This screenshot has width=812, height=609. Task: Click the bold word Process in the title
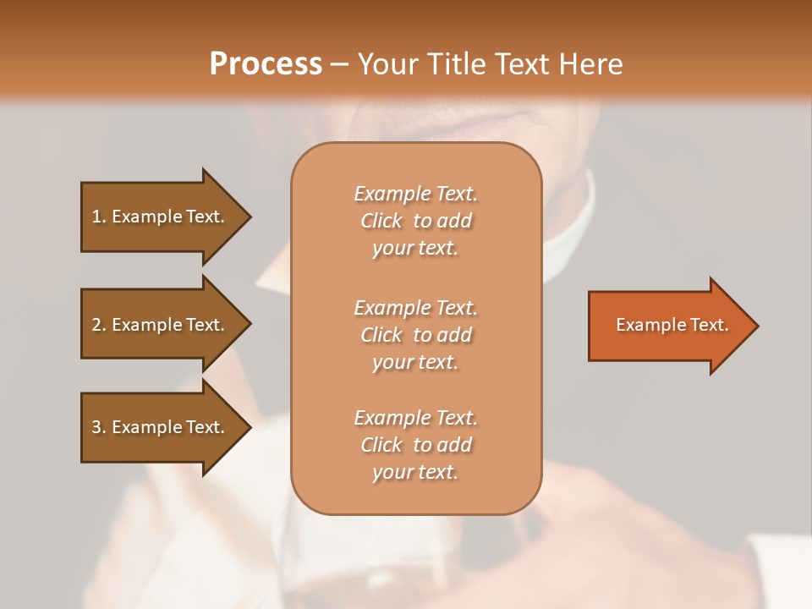click(x=266, y=64)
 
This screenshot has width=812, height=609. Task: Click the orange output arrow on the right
click(x=668, y=325)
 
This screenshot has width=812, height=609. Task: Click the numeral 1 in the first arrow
click(x=96, y=217)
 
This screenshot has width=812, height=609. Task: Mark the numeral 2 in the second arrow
click(x=96, y=325)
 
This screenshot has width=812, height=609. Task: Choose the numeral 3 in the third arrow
click(x=96, y=427)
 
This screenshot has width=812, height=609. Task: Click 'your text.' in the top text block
click(x=415, y=248)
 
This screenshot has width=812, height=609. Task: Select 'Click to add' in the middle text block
click(x=415, y=335)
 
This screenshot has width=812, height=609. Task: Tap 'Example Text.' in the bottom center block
click(x=415, y=418)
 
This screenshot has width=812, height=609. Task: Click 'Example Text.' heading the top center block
click(x=415, y=194)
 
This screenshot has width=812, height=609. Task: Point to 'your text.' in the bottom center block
click(x=415, y=472)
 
